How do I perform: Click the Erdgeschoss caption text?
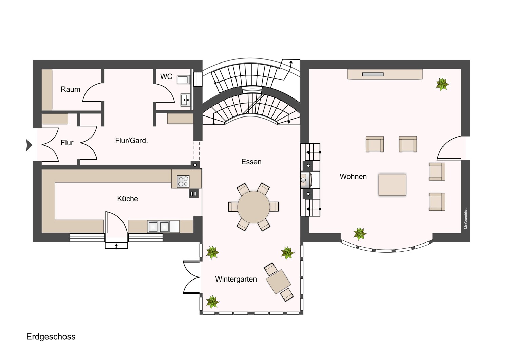tap(51, 337)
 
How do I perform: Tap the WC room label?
tap(166, 77)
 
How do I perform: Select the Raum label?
tap(71, 89)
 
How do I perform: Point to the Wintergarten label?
tap(236, 279)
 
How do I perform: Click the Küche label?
tap(128, 199)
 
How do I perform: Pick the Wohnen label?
tap(353, 177)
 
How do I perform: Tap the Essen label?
tap(251, 162)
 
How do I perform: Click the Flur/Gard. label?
tap(131, 141)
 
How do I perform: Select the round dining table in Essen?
tap(253, 207)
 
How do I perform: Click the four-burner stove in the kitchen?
tap(183, 181)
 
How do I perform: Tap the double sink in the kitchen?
tap(158, 227)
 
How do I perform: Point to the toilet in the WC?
tap(184, 79)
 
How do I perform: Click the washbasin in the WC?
tap(185, 100)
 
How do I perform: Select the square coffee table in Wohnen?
tap(392, 185)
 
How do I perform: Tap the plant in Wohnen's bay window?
tap(360, 234)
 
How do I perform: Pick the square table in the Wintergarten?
tap(278, 282)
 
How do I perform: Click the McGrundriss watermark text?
tap(466, 218)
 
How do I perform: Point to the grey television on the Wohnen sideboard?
tap(373, 74)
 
